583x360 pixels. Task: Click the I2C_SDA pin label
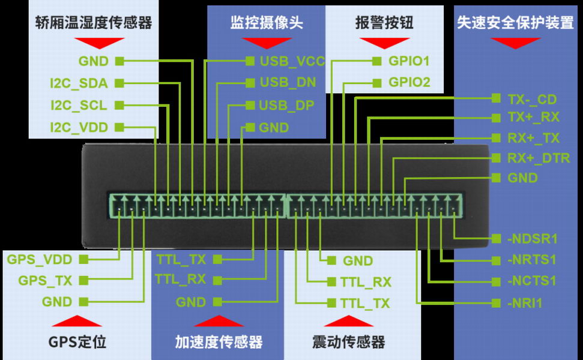pyautogui.click(x=79, y=83)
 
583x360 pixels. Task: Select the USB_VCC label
pyautogui.click(x=292, y=61)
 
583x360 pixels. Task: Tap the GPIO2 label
pyautogui.click(x=409, y=82)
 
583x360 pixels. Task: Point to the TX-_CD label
pyautogui.click(x=532, y=99)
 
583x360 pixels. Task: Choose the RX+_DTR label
pyautogui.click(x=539, y=158)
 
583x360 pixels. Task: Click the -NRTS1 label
pyautogui.click(x=532, y=259)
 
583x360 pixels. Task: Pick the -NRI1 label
pyautogui.click(x=525, y=303)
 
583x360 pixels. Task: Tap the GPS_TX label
pyautogui.click(x=45, y=280)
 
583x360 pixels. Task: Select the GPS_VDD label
pyautogui.click(x=40, y=259)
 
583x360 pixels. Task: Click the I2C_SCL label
pyautogui.click(x=79, y=106)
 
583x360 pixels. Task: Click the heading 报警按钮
pyautogui.click(x=384, y=23)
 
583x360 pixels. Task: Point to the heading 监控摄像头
pyautogui.click(x=267, y=23)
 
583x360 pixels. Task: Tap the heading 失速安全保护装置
pyautogui.click(x=515, y=23)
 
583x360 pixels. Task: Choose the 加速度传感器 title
pyautogui.click(x=219, y=342)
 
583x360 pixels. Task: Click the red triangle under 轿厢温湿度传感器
pyautogui.click(x=99, y=43)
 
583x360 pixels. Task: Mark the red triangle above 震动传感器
pyautogui.click(x=348, y=321)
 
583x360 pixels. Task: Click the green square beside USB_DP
pyautogui.click(x=250, y=106)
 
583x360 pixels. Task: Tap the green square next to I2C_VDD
pyautogui.click(x=119, y=127)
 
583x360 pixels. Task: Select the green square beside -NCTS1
pyautogui.click(x=496, y=281)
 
